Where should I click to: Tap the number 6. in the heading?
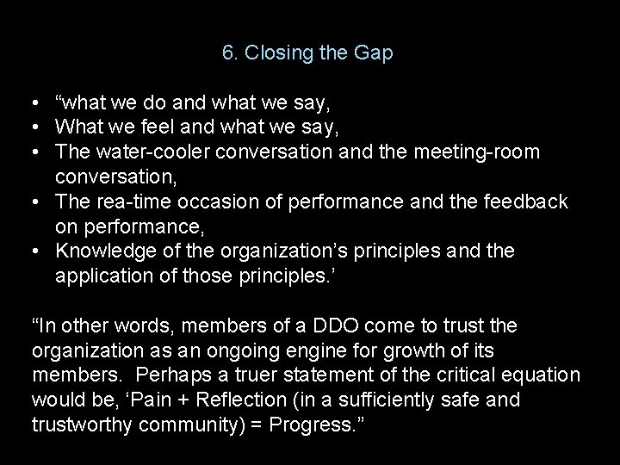[x=230, y=53]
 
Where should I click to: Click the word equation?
[x=544, y=375]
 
